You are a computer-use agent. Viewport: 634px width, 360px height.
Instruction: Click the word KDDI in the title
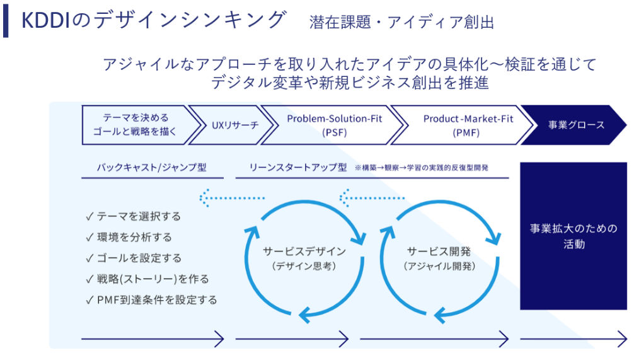[x=45, y=21]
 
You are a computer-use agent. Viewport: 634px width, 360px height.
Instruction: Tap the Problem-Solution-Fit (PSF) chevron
[x=333, y=125]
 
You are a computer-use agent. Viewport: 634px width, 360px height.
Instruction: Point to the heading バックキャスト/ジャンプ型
[x=152, y=167]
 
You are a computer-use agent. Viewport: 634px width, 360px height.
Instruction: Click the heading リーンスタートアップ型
[x=298, y=167]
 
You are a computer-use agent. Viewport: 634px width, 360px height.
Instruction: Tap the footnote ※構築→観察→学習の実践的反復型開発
[x=422, y=168]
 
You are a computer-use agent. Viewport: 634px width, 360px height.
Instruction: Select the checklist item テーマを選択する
[x=134, y=216]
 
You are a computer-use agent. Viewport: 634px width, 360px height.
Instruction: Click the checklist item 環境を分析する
[x=129, y=237]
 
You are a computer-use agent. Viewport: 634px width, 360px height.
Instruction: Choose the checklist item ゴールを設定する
[x=134, y=258]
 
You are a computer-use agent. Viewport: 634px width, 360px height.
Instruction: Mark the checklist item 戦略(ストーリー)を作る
[x=147, y=279]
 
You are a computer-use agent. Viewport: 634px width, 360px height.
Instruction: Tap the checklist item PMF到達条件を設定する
[x=152, y=299]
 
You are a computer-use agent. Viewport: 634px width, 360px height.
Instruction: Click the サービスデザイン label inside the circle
[x=304, y=251]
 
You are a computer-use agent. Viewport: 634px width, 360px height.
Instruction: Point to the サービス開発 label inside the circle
[x=439, y=251]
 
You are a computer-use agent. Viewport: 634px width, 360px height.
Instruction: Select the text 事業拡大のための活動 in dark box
[x=573, y=236]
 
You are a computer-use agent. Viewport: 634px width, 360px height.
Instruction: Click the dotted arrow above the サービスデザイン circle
[x=232, y=198]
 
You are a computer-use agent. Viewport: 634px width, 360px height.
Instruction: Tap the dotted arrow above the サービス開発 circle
[x=372, y=198]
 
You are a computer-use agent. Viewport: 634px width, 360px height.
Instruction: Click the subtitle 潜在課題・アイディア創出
[x=401, y=22]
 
